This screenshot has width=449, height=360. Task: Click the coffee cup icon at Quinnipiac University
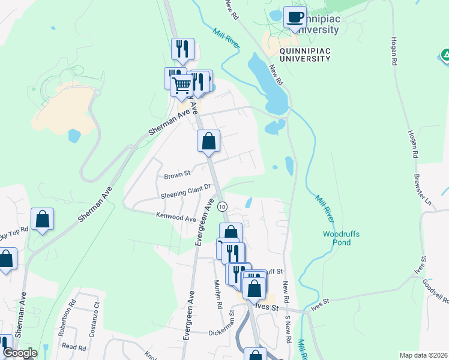pyautogui.click(x=294, y=17)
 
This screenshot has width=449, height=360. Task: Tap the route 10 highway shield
pyautogui.click(x=222, y=206)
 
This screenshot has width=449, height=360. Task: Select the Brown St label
pyautogui.click(x=177, y=176)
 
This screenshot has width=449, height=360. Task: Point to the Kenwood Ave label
pyautogui.click(x=176, y=217)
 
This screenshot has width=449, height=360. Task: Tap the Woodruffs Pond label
pyautogui.click(x=341, y=238)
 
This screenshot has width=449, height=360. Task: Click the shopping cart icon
pyautogui.click(x=182, y=85)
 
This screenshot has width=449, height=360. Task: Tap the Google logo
pyautogui.click(x=19, y=353)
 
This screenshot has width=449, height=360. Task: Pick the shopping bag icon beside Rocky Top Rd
pyautogui.click(x=43, y=220)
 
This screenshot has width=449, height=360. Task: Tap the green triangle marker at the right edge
pyautogui.click(x=445, y=56)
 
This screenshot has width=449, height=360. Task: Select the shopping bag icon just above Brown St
pyautogui.click(x=209, y=142)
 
